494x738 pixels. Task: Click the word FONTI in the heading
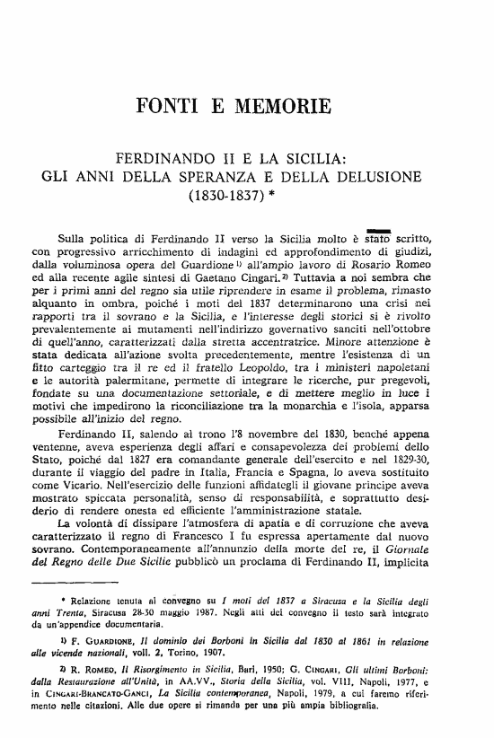coord(166,110)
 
